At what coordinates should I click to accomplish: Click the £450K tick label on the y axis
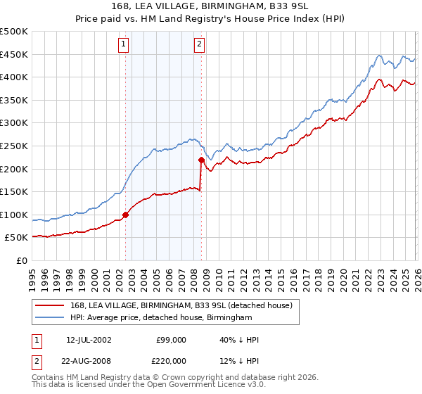tap(14, 54)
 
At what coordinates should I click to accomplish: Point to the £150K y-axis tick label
tap(14, 191)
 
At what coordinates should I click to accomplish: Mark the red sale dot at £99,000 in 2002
tap(126, 215)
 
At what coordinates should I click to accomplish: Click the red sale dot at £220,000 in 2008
tap(201, 160)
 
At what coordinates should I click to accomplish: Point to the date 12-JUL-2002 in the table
tap(89, 340)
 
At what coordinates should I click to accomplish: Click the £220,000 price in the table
tap(170, 361)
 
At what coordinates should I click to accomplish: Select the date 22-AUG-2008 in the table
tap(89, 361)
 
